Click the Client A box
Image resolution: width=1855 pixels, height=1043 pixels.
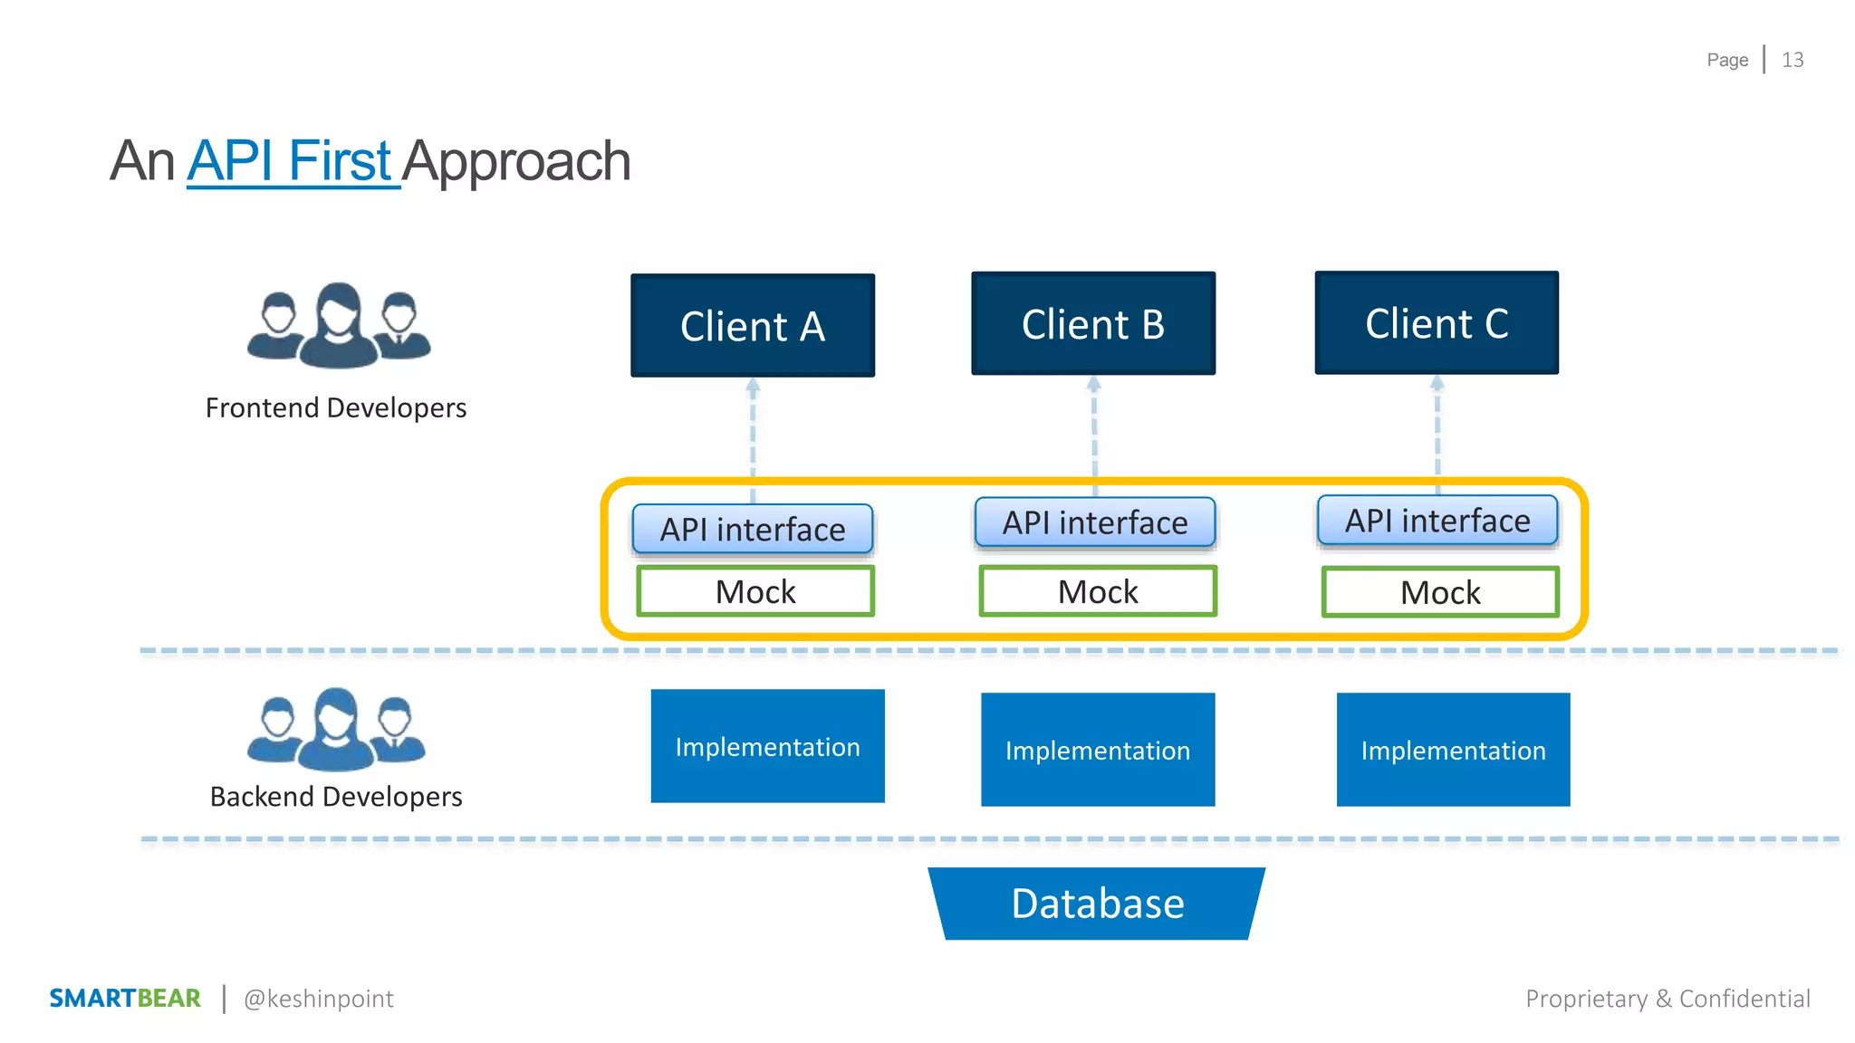[753, 326]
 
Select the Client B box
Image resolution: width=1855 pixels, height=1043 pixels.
[1093, 324]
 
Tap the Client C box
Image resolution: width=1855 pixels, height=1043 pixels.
[1437, 323]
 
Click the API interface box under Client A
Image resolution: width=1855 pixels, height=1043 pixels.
[753, 530]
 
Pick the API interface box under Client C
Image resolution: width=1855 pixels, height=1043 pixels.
[1437, 521]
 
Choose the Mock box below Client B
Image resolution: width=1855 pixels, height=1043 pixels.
[1098, 591]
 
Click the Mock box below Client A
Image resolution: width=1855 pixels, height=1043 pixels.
[755, 591]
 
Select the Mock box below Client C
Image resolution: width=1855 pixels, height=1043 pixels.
[1440, 592]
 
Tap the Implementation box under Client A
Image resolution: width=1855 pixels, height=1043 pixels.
[767, 746]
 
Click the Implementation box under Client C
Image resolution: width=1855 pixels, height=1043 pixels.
[1453, 750]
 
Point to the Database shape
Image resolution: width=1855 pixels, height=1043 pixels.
[1097, 904]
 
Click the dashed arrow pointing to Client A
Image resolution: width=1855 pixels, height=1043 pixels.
[753, 435]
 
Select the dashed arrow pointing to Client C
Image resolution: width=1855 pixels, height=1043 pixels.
[1437, 430]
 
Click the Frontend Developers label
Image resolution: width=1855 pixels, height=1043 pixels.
[336, 408]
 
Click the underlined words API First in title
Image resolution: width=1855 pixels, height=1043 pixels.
[291, 161]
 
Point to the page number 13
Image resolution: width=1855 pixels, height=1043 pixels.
[1793, 60]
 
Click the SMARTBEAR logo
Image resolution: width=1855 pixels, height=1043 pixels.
[125, 998]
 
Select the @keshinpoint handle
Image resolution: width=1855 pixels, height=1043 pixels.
[319, 999]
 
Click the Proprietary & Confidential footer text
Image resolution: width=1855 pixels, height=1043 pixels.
[1668, 999]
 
